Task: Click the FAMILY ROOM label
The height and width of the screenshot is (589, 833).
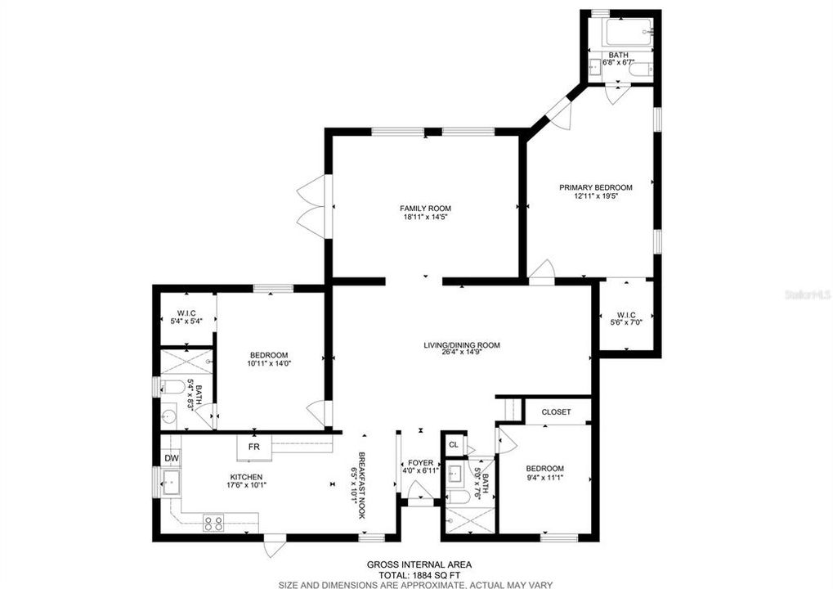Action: coord(425,209)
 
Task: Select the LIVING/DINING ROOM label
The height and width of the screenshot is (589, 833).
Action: coord(462,345)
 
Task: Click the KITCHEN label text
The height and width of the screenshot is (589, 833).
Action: coord(246,477)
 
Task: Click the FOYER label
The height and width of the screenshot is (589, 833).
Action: coord(420,463)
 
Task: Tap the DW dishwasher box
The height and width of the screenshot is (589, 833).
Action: coord(171,458)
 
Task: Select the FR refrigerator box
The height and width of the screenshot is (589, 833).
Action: coord(254,447)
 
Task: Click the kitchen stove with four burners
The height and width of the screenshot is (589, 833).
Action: coord(213,523)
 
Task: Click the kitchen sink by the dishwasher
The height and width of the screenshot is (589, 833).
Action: coord(171,482)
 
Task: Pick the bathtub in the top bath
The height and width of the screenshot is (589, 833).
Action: coord(629,32)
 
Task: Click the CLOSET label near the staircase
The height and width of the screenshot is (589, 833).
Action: coord(556,412)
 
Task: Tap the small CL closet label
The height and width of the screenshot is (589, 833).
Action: coord(453,444)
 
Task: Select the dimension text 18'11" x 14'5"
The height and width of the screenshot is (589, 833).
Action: coord(425,217)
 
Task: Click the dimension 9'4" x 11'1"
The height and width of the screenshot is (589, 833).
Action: coord(544,477)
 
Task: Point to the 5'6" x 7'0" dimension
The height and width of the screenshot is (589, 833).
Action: coord(626,321)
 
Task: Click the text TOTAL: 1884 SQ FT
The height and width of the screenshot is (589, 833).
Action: coord(419,574)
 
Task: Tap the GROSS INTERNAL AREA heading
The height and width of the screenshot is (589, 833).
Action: coord(419,564)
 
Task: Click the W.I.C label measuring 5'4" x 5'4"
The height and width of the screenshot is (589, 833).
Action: coord(187,312)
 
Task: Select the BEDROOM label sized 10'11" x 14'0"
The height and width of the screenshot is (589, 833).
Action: coord(269,355)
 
